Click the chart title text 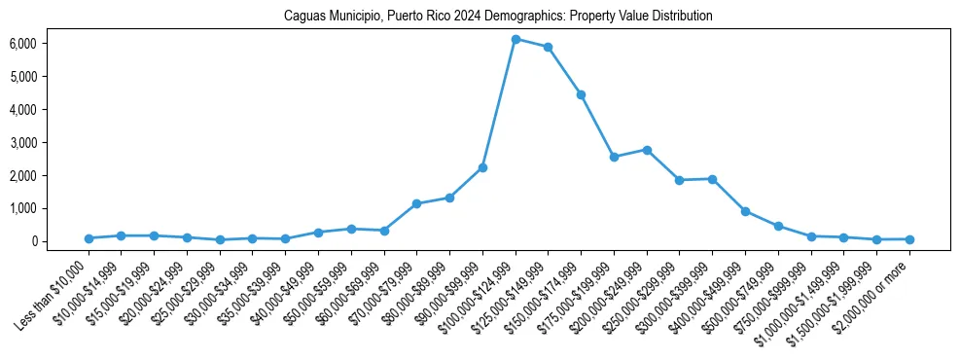coord(498,16)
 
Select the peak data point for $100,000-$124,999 coord(516,39)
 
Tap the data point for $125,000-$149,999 coord(549,47)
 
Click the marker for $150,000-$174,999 coord(581,94)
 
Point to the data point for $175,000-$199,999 coord(614,157)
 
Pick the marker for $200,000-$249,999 coord(647,150)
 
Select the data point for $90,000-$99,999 coord(482,167)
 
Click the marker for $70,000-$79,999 coord(416,203)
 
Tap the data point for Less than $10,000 coord(89,238)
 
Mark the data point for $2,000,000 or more coord(909,239)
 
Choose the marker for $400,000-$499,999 coord(745,211)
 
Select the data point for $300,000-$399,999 coord(712,179)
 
